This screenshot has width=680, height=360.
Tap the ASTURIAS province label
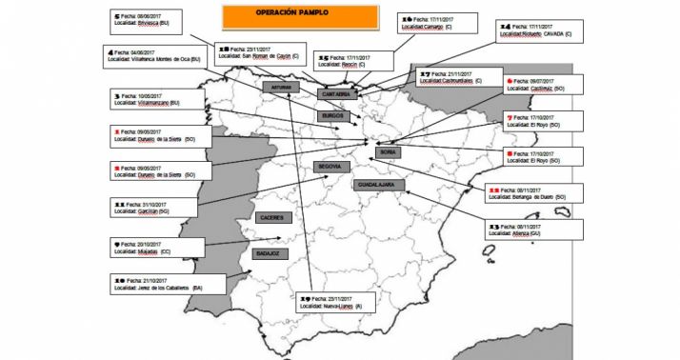pyautogui.click(x=280, y=87)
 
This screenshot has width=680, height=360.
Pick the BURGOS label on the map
pyautogui.click(x=336, y=115)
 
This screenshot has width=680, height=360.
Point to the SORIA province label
pyautogui.click(x=388, y=150)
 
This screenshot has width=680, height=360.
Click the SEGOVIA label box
pyautogui.click(x=332, y=167)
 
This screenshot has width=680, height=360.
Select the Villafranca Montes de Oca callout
pyautogui.click(x=154, y=56)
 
